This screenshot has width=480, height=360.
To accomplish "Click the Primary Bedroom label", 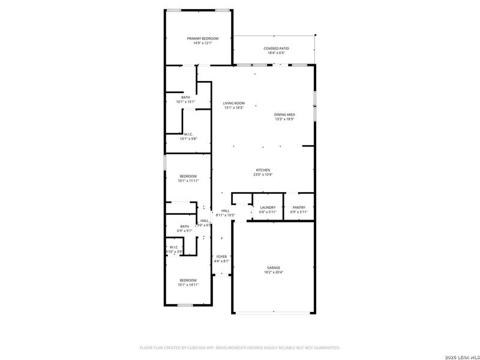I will (202, 38).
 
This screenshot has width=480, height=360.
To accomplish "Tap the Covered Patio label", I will (276, 49).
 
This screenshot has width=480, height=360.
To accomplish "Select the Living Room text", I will (234, 103).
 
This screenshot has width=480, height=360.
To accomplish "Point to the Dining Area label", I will (284, 115).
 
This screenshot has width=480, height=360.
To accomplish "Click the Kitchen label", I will (263, 170).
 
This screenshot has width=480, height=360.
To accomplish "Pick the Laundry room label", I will (268, 208).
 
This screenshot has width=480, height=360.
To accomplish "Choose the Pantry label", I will (298, 208).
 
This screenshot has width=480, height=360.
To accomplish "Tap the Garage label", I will (274, 268).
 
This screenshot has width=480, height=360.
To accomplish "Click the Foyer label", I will (221, 257).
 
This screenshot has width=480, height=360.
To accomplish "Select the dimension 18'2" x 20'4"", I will (274, 272).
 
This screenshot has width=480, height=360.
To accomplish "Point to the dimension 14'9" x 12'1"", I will (202, 43).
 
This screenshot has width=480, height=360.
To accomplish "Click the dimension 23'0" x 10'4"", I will (263, 175).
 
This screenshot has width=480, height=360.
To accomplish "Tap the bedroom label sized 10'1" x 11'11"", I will (188, 176).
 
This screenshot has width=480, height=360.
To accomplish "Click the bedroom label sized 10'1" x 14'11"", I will (188, 280).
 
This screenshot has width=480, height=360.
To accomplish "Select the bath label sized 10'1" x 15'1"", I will (186, 97).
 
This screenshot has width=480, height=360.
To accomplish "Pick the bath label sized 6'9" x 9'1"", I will (184, 226).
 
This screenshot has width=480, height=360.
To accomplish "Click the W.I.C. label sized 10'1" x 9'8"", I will (188, 134).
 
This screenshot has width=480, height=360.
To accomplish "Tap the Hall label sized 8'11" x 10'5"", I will (226, 211).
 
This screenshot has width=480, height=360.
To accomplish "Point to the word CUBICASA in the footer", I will (196, 347).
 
